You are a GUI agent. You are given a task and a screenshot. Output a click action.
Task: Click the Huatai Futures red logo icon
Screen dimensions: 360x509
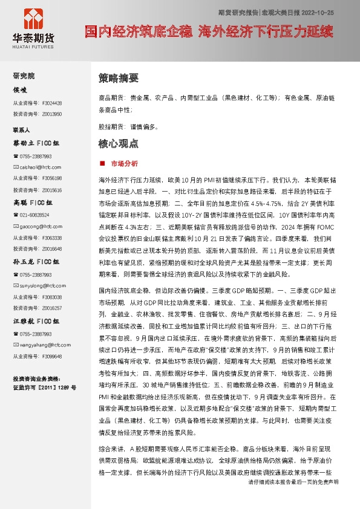[34, 21]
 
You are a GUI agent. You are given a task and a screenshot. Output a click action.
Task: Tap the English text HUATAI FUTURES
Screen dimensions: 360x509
[34, 44]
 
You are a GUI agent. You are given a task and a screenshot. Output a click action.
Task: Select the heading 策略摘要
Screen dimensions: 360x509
[118, 78]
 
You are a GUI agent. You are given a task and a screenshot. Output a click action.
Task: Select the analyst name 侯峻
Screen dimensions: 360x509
[21, 90]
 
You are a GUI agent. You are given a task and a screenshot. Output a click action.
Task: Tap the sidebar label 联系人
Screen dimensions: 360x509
[22, 130]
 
